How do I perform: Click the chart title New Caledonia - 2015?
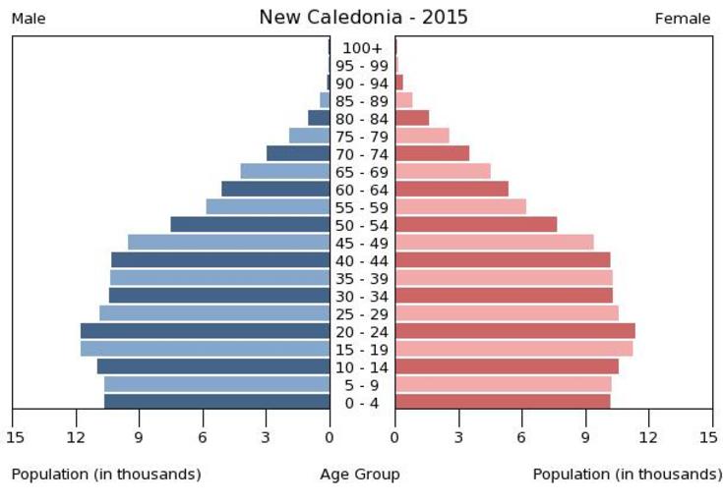363,18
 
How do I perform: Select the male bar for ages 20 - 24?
205,331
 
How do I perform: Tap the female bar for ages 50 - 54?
476,224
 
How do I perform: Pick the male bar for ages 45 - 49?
228,242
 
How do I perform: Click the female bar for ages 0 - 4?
503,401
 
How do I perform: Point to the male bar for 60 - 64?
275,189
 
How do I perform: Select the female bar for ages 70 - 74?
432,153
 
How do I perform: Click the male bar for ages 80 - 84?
319,118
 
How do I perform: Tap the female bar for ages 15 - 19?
513,349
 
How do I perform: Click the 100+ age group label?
362,48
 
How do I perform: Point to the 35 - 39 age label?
362,278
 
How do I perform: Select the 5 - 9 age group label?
362,384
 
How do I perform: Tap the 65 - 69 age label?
362,172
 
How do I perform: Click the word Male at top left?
29,19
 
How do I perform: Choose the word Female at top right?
682,19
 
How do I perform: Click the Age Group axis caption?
360,475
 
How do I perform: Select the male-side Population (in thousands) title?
106,475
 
